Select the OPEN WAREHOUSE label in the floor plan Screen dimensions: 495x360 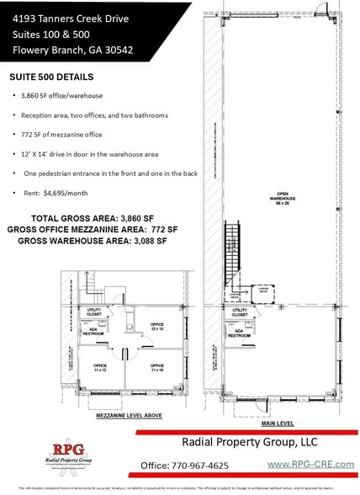point(274,201)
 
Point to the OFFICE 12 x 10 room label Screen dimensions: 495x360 point(156,327)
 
